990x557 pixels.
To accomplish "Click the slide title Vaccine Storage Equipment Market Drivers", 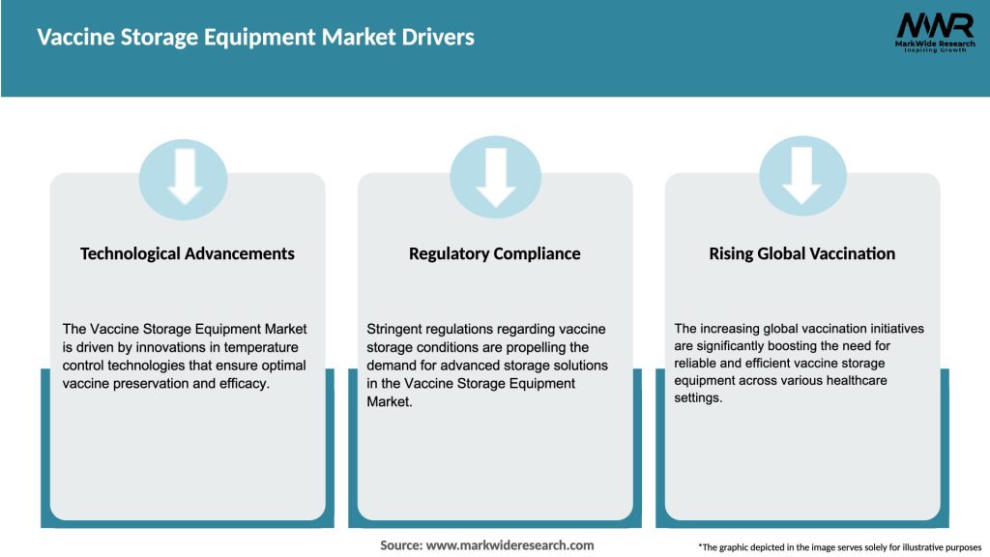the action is pyautogui.click(x=255, y=38).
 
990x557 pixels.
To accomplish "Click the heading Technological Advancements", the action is pyautogui.click(x=188, y=253).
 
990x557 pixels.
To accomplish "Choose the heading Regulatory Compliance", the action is pyautogui.click(x=495, y=253).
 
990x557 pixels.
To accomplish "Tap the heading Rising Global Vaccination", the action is pyautogui.click(x=801, y=253).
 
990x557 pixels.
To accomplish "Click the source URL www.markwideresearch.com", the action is pyautogui.click(x=510, y=545).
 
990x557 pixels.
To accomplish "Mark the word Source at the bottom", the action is pyautogui.click(x=401, y=545).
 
